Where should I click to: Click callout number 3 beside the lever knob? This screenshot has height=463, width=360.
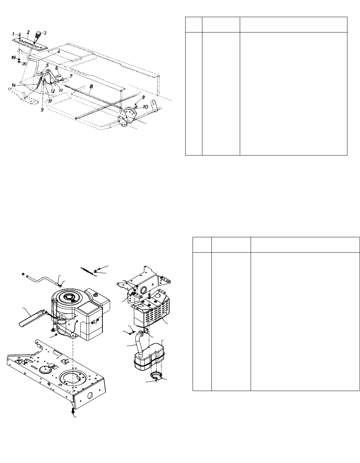(x=45, y=33)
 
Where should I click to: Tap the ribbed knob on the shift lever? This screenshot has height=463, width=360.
(x=38, y=36)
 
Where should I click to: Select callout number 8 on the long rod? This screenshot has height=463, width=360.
(x=91, y=84)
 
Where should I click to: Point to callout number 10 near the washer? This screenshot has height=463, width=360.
(x=145, y=106)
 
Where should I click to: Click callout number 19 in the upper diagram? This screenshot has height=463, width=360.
(x=14, y=58)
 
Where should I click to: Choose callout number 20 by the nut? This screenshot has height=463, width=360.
(x=24, y=64)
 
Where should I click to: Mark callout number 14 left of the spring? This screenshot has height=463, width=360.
(x=14, y=85)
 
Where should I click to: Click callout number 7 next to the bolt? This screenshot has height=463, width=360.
(x=71, y=75)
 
